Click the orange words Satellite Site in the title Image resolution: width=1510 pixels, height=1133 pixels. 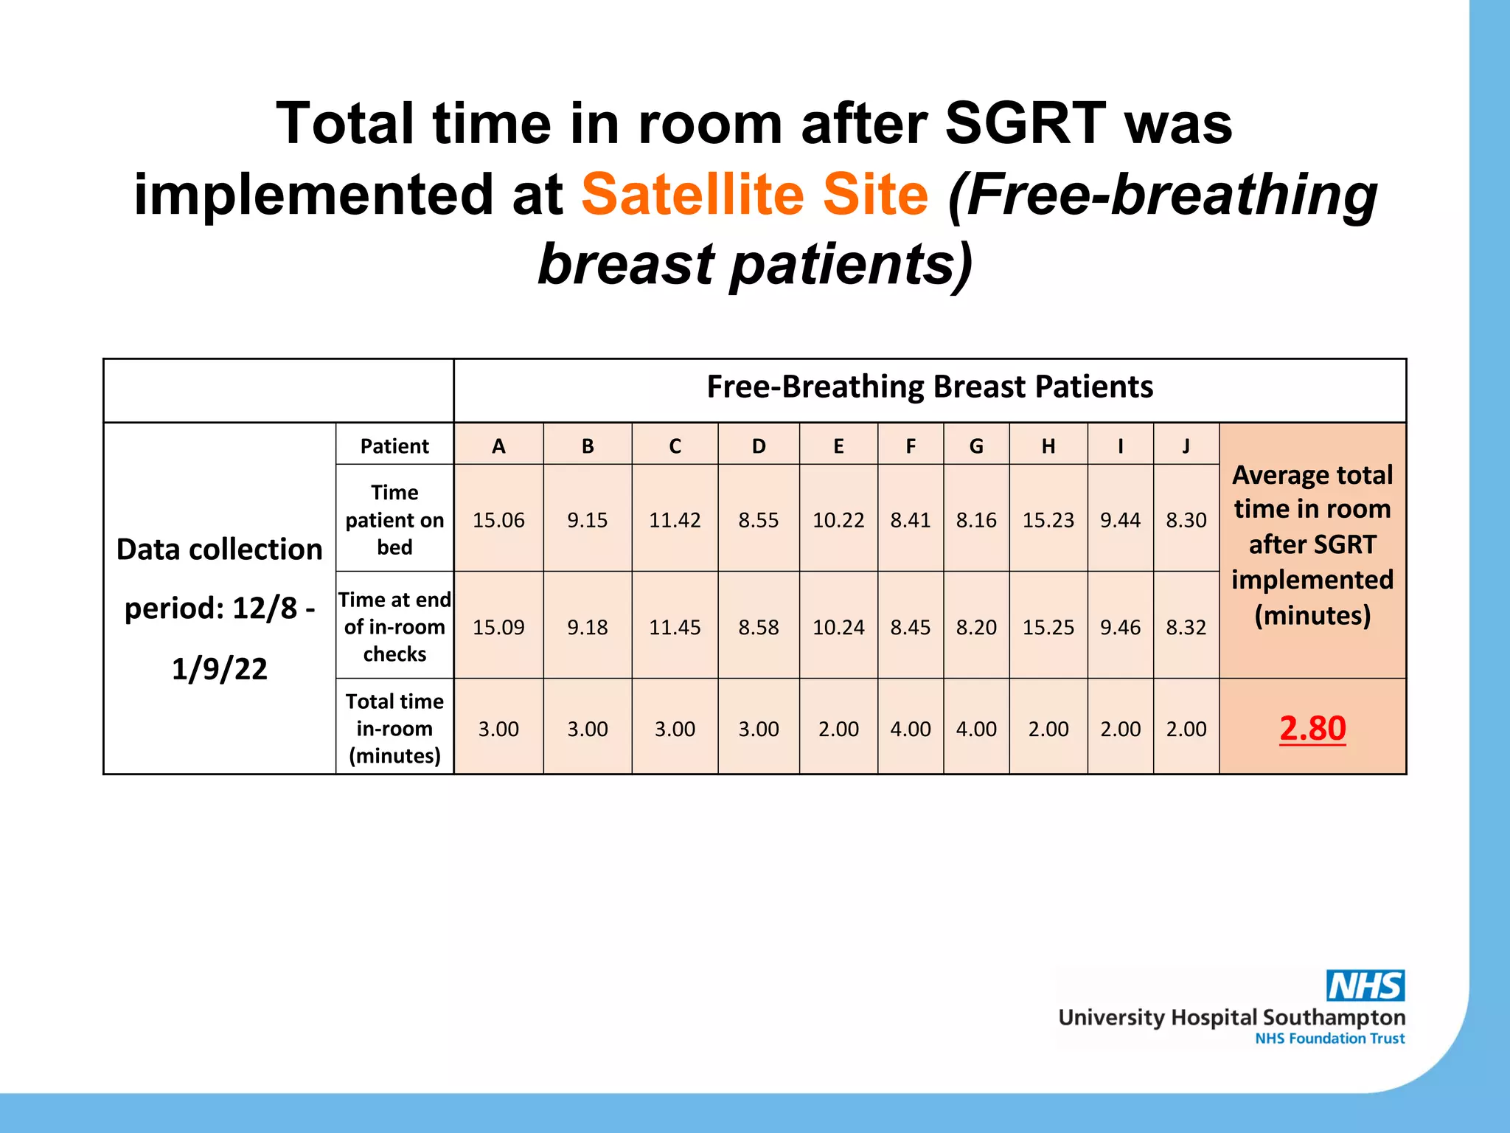(x=754, y=194)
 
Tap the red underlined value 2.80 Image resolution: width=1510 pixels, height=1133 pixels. (x=1312, y=728)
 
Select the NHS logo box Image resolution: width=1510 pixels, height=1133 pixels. (x=1365, y=985)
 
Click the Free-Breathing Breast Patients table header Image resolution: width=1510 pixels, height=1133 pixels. (x=930, y=387)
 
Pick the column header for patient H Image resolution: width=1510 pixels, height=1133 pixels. (x=1048, y=446)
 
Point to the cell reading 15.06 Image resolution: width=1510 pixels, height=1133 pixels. (x=498, y=520)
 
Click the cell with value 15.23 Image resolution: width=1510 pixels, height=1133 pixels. (x=1048, y=520)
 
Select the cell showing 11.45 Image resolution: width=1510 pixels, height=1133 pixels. (x=675, y=627)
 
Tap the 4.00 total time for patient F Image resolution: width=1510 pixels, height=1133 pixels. (x=911, y=729)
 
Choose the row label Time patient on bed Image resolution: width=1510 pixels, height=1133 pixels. (x=394, y=519)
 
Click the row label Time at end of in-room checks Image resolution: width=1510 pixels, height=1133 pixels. (x=394, y=627)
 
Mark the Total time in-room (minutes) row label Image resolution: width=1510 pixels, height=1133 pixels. (x=394, y=728)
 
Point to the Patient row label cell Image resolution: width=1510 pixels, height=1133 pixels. (x=394, y=446)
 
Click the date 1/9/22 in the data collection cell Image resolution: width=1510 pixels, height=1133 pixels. (x=220, y=668)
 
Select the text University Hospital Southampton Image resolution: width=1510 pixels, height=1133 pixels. (x=1231, y=1018)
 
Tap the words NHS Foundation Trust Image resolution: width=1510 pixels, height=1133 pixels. (x=1329, y=1039)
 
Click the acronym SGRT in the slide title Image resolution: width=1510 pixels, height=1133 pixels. (x=1025, y=123)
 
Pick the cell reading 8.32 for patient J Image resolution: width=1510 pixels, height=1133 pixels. (x=1186, y=627)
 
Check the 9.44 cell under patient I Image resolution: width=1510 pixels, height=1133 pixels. (x=1120, y=520)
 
